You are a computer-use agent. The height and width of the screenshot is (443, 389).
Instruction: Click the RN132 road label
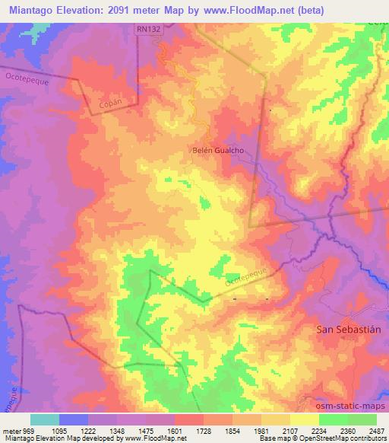tap(149, 29)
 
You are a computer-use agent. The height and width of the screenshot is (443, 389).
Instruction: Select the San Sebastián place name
tap(346, 329)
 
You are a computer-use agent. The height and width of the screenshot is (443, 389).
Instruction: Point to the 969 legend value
tap(30, 430)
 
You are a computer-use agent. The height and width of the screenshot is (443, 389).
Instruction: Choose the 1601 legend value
tap(174, 430)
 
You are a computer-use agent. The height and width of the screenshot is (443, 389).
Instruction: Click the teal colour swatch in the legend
tap(44, 419)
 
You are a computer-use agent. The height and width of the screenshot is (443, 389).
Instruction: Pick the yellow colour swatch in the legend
tap(304, 419)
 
